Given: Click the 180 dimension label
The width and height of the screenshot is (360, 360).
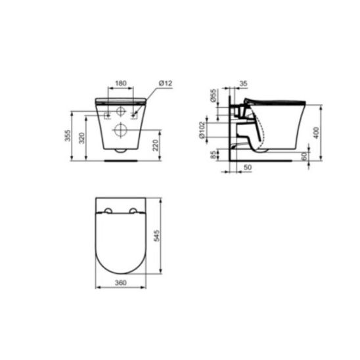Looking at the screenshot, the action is tap(121, 83).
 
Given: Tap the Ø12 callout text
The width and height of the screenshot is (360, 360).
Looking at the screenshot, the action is tap(166, 83).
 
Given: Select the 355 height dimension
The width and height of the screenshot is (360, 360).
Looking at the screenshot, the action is tap(68, 136).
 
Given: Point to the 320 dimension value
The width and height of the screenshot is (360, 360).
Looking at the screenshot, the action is tap(82, 138).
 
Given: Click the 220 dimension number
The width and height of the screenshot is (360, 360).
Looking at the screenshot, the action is tap(156, 145).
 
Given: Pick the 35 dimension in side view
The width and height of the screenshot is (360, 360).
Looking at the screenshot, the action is tap(243, 83).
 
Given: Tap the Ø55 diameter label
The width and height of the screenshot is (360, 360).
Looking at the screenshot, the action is tap(214, 95).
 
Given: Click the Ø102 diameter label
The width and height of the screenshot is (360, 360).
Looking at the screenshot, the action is tap(202, 130).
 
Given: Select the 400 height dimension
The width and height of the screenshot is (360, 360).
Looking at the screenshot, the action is tap(317, 133).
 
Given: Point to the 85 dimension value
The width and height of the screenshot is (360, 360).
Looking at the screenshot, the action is tap(214, 154).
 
